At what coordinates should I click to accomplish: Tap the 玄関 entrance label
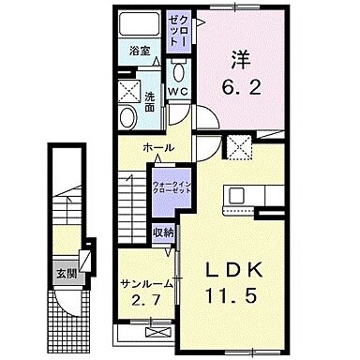(66, 274)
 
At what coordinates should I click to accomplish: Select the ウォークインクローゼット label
(172, 187)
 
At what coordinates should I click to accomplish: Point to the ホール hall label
(157, 149)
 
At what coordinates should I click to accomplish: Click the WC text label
(179, 90)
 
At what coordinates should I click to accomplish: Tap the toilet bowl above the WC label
(179, 71)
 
